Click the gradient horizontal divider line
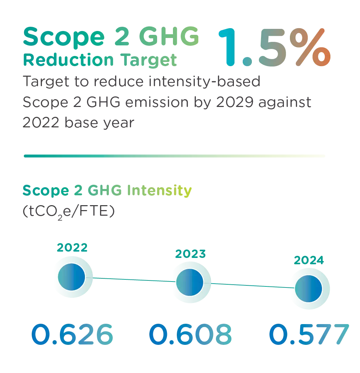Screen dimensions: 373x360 174,156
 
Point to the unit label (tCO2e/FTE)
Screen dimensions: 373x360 68,212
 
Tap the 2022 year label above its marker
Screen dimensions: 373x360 72,248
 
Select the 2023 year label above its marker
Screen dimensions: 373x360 190,254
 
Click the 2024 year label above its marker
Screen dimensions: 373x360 309,260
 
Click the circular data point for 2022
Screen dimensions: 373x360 72,277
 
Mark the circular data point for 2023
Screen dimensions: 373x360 190,283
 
